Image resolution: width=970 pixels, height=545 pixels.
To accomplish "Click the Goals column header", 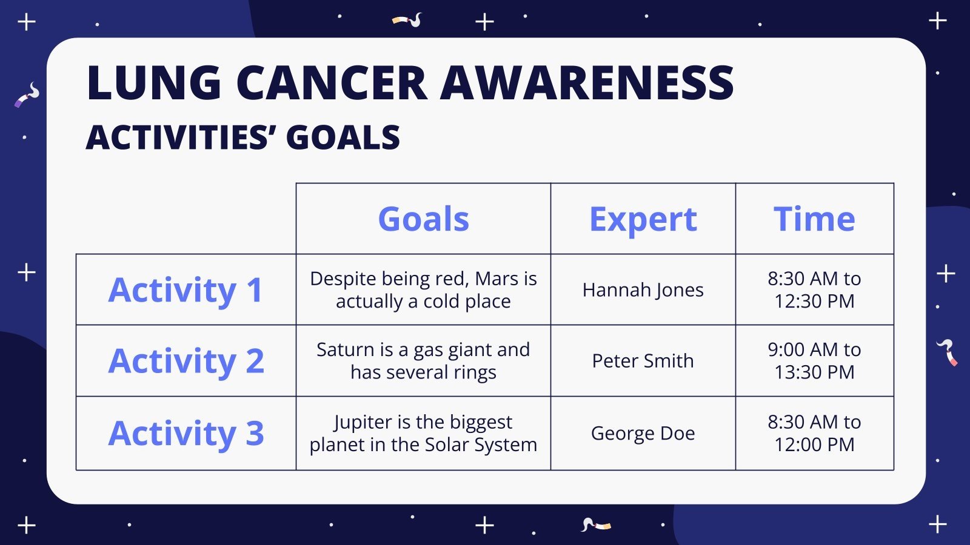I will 423,219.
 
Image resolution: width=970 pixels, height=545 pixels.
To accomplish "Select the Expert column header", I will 643,219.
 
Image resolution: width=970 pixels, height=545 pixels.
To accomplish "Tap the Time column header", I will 814,219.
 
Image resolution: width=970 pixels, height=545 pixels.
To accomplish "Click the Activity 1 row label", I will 186,289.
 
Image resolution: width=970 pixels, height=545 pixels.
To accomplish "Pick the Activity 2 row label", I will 186,361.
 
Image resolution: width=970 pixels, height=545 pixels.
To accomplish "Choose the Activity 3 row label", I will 186,433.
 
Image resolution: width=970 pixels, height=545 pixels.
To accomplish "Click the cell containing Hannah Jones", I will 643,290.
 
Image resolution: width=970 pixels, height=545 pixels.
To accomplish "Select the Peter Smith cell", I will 643,361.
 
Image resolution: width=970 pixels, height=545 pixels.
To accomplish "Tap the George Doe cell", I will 643,433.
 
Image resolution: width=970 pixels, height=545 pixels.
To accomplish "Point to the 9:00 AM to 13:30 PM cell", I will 814,361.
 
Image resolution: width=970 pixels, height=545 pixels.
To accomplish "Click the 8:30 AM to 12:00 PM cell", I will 814,433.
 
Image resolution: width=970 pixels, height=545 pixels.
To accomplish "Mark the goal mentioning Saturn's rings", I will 423,361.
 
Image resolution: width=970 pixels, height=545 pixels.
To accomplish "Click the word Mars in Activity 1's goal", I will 497,279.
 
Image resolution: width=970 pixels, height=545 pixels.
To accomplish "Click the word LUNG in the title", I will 154,83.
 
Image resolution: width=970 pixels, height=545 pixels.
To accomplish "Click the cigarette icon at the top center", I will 407,21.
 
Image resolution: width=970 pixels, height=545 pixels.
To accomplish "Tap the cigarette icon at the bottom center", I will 595,524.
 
